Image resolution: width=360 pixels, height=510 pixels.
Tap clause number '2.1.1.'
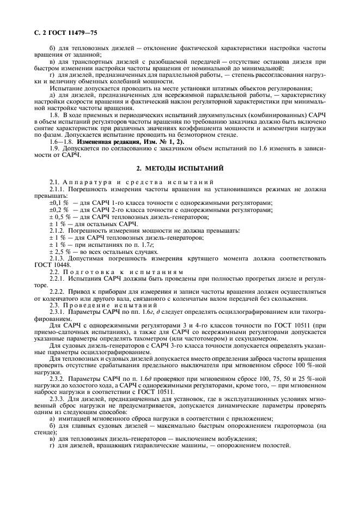[60, 189]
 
